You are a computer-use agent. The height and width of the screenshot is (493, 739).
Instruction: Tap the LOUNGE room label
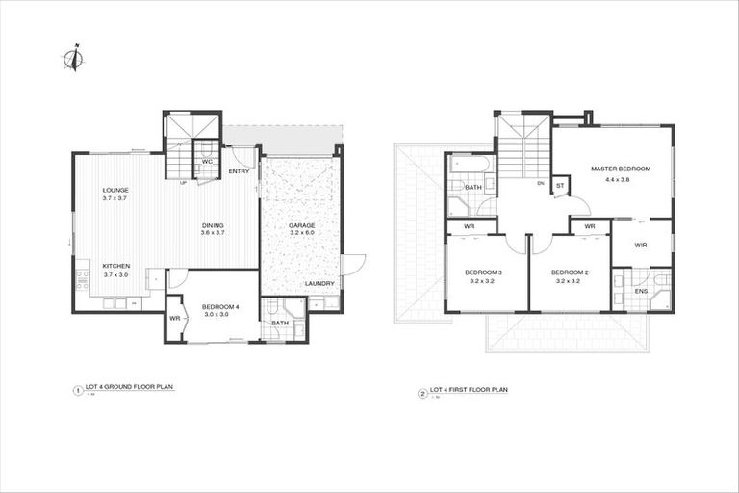[115, 190]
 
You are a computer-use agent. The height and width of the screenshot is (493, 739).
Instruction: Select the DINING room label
[213, 224]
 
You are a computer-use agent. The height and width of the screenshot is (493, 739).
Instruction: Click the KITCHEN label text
[115, 266]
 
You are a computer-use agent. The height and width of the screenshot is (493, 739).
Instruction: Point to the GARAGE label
[301, 225]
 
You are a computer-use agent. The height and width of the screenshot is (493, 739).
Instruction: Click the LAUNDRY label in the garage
[319, 283]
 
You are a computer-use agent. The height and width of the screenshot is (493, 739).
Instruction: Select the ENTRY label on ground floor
[239, 171]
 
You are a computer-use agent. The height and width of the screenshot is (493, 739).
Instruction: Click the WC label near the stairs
[207, 161]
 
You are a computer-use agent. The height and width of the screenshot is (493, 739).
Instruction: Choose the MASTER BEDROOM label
[621, 169]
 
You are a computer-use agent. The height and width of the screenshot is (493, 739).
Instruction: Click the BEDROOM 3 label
[483, 272]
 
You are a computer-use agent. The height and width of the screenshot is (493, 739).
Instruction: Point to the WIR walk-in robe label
[641, 245]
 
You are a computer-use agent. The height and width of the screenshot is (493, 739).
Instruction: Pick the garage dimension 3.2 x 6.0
[301, 234]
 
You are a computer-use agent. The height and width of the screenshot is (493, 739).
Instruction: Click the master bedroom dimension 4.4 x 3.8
[621, 179]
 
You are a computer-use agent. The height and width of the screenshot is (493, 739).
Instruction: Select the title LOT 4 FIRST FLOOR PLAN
[469, 391]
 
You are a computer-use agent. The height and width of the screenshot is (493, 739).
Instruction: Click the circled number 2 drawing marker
[421, 393]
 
